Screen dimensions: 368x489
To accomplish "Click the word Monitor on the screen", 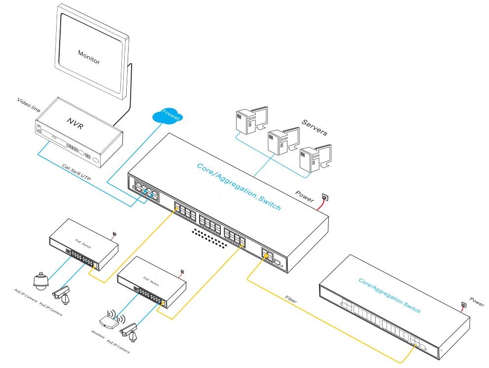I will pyautogui.click(x=89, y=57).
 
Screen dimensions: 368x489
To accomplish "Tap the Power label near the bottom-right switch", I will pyautogui.click(x=476, y=300).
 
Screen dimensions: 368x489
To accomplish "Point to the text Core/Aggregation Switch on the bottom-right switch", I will pyautogui.click(x=389, y=294).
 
